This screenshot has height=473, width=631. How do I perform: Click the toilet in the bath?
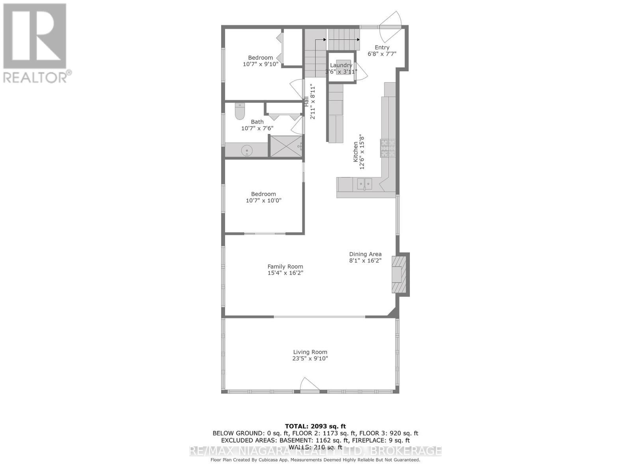(x=240, y=112)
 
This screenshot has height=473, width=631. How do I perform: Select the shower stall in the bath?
(x=286, y=146)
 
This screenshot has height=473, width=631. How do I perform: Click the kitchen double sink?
(x=364, y=184)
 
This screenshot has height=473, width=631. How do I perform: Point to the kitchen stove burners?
(x=388, y=149)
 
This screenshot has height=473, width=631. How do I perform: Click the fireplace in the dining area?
(x=398, y=274)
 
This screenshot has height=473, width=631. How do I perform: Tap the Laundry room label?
(x=341, y=65)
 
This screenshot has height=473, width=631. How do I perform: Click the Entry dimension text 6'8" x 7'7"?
(x=382, y=54)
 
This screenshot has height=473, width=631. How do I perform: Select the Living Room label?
(x=310, y=352)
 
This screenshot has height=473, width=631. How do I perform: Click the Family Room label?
(x=285, y=266)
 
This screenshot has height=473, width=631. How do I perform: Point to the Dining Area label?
(x=365, y=254)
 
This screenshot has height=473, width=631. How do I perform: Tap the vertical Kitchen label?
(x=355, y=152)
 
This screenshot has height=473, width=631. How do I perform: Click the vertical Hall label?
(x=306, y=101)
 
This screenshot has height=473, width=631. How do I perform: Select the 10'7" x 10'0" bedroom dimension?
(x=263, y=200)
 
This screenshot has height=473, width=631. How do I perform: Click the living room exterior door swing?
(x=310, y=384)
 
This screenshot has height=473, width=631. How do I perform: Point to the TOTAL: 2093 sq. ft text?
(x=315, y=426)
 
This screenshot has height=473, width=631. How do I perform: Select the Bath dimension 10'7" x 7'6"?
(x=257, y=128)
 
